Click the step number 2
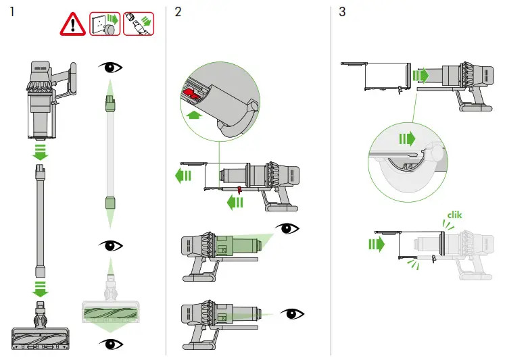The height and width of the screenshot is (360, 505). tap(178, 12)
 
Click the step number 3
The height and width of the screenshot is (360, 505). tap(343, 12)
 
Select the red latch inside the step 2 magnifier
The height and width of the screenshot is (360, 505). tap(193, 93)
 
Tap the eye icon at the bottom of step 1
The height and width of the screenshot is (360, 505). tap(111, 344)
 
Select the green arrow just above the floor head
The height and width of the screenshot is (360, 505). tap(41, 291)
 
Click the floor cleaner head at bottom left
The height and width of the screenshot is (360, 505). tap(41, 336)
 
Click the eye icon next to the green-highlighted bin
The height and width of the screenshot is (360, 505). tap(289, 228)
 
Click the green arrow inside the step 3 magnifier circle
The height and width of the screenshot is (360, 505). tap(406, 140)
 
